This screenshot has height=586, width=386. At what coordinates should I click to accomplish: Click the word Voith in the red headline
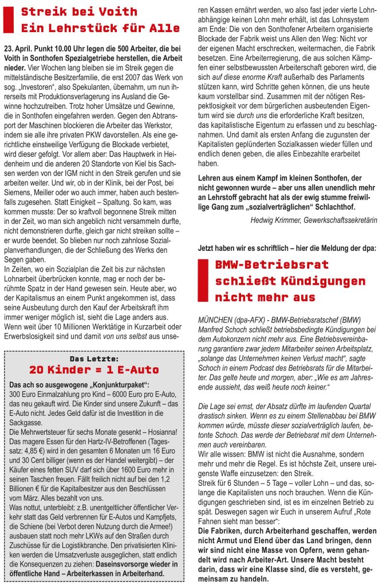(x=119, y=11)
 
